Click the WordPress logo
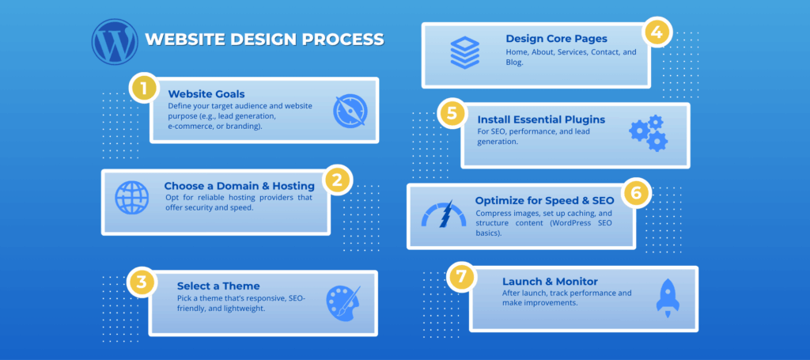click(115, 42)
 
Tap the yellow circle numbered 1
click(143, 88)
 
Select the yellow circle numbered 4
click(656, 32)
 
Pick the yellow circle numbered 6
click(636, 192)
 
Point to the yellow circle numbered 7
click(461, 276)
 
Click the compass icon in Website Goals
click(350, 111)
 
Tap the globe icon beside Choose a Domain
click(132, 197)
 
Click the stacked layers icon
click(465, 52)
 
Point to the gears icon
click(649, 133)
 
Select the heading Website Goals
click(206, 94)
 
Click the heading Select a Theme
click(218, 286)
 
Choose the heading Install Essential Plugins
click(541, 119)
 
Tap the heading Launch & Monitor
click(551, 282)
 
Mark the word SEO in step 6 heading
click(602, 200)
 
